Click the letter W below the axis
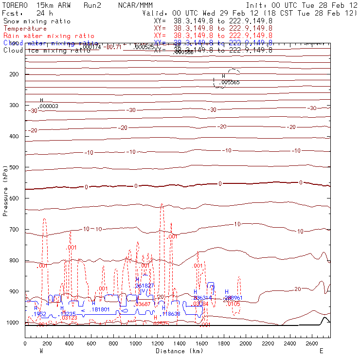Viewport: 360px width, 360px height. [x=41, y=351]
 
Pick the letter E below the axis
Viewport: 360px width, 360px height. [x=321, y=351]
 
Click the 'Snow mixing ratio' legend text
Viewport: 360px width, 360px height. [x=36, y=21]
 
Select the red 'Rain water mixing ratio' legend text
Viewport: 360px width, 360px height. [x=49, y=36]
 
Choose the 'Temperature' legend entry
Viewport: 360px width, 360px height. [x=25, y=29]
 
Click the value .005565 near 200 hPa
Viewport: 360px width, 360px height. [x=230, y=83]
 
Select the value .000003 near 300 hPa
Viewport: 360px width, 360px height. [x=49, y=106]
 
